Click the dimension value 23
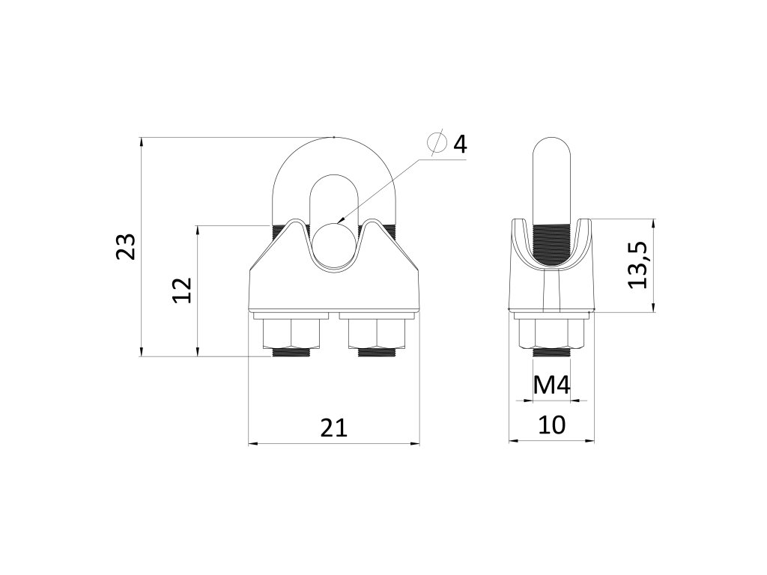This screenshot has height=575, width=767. click(x=125, y=247)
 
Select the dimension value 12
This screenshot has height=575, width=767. click(x=182, y=290)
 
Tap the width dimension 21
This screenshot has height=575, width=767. click(x=334, y=428)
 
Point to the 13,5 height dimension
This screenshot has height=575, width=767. click(x=638, y=265)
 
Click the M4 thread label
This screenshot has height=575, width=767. click(x=552, y=386)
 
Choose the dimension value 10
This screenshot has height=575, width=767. click(x=552, y=425)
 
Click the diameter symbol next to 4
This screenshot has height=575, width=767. click(x=437, y=143)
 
